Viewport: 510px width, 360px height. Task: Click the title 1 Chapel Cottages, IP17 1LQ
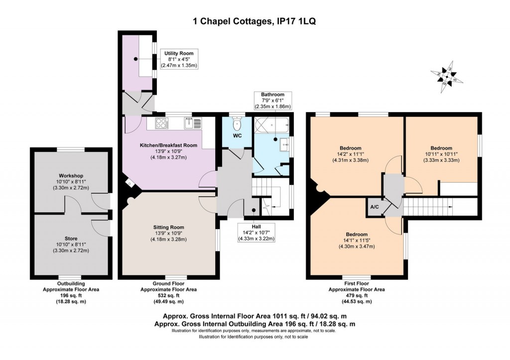pyautogui.click(x=255, y=21)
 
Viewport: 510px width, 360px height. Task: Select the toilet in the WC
pyautogui.click(x=237, y=121)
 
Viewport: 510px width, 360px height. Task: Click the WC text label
pyautogui.click(x=237, y=135)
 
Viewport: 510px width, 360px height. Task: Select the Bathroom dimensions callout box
pyautogui.click(x=273, y=100)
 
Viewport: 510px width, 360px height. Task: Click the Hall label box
pyautogui.click(x=257, y=232)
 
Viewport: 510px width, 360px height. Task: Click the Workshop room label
pyautogui.click(x=70, y=176)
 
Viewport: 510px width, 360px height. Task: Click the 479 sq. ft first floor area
pyautogui.click(x=356, y=295)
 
